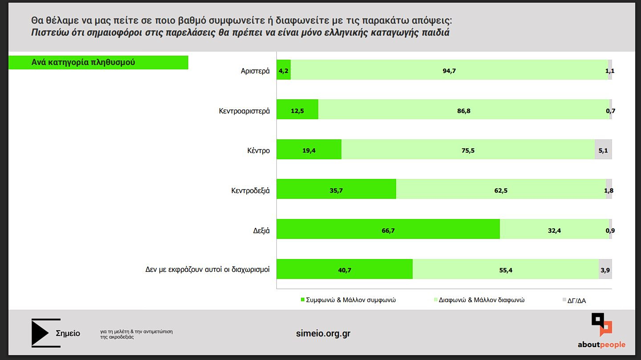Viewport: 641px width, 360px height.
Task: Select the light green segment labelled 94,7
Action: coord(449,70)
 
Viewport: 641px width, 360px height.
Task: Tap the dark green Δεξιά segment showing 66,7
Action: coord(388,229)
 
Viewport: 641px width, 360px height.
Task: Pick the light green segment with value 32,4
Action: coord(554,229)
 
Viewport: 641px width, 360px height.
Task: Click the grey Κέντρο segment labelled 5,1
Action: coord(603,150)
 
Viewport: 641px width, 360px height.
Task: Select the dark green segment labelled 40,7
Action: coord(345,269)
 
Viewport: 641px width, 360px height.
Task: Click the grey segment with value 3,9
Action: coord(605,269)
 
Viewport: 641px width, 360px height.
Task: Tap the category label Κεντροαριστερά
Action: coord(244,111)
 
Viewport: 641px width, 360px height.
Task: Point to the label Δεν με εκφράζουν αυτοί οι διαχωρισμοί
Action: coord(207,269)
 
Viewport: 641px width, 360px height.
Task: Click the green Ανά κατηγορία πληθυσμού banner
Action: coord(98,62)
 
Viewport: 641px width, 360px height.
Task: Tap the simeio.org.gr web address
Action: coord(323,333)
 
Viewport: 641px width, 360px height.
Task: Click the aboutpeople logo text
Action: coord(601,344)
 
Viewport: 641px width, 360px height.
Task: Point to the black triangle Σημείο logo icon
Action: coord(41,332)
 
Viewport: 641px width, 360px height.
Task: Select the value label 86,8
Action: coord(463,111)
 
